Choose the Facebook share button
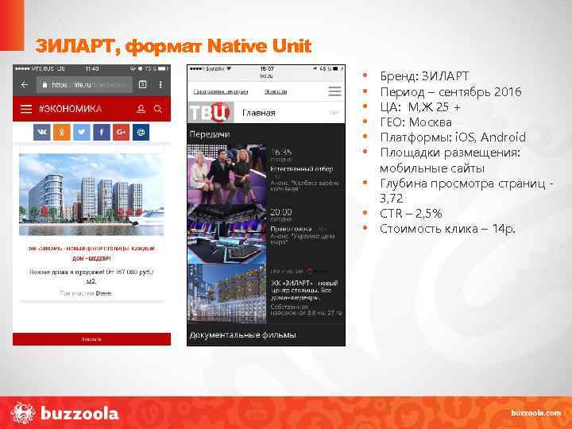click(x=102, y=132)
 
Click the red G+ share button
click(x=121, y=132)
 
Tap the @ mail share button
click(x=140, y=132)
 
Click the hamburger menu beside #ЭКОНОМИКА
click(x=25, y=109)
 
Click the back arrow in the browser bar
click(x=24, y=85)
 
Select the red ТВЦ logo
click(x=211, y=112)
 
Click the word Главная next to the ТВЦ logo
click(x=259, y=113)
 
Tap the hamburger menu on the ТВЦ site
click(x=334, y=113)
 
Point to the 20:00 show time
click(x=280, y=212)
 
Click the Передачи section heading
click(x=209, y=134)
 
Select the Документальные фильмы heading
click(x=242, y=335)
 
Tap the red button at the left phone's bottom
click(x=91, y=338)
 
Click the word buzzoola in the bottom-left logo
click(x=79, y=413)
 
